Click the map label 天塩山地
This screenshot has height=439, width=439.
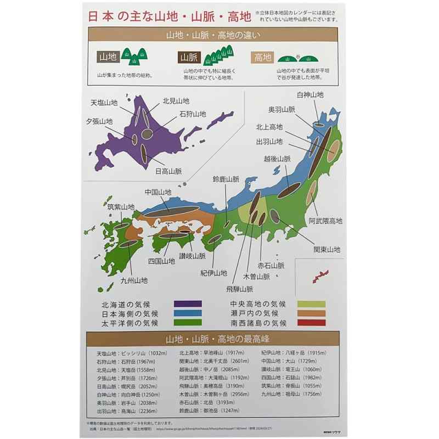104,103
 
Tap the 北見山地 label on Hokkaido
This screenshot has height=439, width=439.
176,101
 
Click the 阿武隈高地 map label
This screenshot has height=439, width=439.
325,221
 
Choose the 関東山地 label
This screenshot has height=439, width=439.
327,250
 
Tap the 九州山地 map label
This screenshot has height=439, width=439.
135,280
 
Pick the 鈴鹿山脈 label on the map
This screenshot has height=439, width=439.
227,179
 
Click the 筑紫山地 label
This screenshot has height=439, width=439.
121,207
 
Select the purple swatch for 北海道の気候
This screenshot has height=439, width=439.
188,303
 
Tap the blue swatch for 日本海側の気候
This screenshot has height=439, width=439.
188,313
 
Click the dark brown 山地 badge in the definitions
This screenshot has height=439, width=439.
108,56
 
